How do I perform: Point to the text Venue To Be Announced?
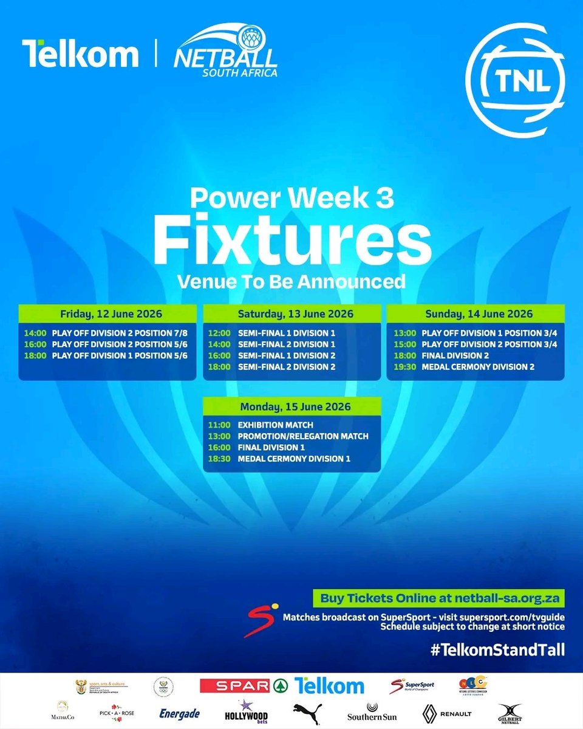(291, 281)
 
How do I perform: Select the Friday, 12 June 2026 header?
(107, 314)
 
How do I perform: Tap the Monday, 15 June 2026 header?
(291, 406)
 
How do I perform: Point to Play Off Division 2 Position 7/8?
(120, 334)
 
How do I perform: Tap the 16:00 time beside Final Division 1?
(217, 447)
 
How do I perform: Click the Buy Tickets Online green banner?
(438, 598)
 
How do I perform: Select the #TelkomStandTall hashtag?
(498, 650)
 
